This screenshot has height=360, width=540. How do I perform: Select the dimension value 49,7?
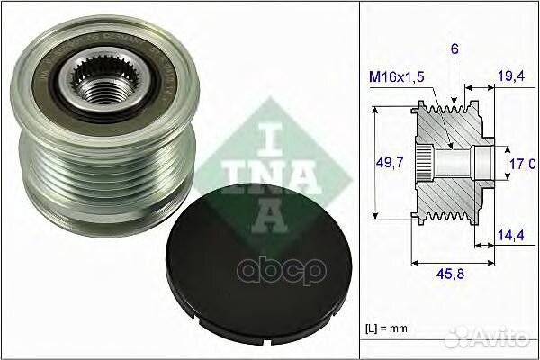(x=388, y=162)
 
